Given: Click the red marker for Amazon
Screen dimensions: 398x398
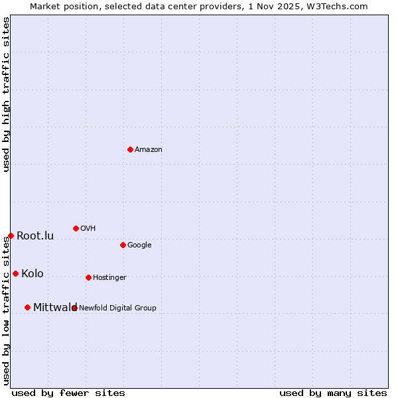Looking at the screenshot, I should pos(130,149).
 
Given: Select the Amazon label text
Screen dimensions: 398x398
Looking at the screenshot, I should pos(148,150).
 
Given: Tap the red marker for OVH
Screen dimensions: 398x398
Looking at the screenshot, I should pos(76,228).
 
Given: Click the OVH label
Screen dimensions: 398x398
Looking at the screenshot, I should pos(88,229).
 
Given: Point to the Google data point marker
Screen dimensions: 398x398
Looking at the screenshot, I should pos(123,245).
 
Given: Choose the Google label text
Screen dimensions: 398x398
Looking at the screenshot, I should pos(139,245).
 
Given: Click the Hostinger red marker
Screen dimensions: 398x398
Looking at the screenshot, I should pos(88,277).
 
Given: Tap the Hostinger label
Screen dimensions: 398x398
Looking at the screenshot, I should pos(109,278).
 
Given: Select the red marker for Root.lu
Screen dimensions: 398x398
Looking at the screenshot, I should pos(11,235).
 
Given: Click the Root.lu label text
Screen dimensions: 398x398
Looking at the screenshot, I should pos(35,236).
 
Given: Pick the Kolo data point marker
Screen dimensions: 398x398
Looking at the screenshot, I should pos(15,273).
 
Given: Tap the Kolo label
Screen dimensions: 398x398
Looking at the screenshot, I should pos(33,274).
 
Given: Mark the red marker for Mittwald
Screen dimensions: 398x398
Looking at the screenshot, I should pos(27,307).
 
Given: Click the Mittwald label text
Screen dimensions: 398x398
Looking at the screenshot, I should pos(55,308).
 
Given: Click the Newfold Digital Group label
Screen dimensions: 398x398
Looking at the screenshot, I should pos(117,308).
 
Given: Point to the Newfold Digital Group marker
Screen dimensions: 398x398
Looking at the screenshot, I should pos(74,308).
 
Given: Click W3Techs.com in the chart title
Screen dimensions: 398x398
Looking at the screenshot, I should pos(339,6).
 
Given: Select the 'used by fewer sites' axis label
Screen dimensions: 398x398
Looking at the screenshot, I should pos(68,393).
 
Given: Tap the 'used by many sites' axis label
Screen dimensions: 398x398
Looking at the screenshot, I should pos(333,393).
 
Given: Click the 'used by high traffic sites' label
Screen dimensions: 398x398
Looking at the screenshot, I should pos(7,94).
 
